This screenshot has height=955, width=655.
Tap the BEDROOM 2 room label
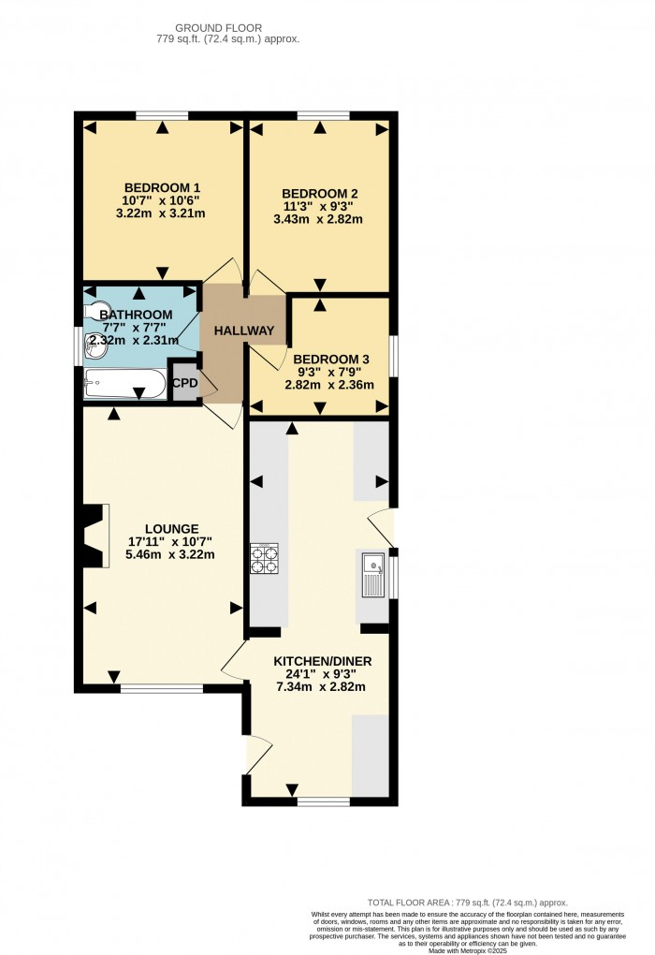(320, 194)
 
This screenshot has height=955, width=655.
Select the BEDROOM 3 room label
(331, 359)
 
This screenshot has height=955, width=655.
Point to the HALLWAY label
(243, 331)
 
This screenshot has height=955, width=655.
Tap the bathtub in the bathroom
(124, 383)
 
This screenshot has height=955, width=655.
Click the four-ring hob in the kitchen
(264, 558)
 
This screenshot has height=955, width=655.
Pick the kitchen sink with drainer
(372, 574)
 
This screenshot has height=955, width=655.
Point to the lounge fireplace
(94, 536)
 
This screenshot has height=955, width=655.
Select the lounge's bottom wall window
(161, 689)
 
